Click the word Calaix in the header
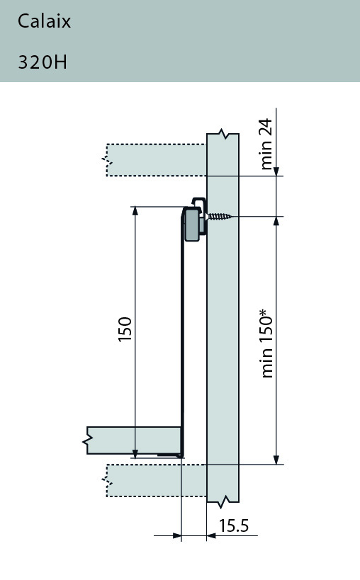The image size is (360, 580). click(44, 22)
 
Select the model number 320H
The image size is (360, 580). click(43, 62)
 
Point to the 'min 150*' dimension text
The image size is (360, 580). click(266, 343)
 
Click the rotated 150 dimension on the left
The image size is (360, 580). click(125, 329)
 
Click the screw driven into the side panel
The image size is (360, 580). click(220, 217)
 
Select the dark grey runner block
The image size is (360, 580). click(191, 225)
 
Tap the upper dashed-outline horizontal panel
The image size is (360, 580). click(156, 160)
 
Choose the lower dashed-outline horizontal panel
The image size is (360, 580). click(156, 480)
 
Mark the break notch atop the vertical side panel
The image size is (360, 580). click(224, 134)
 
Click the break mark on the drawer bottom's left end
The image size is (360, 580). click(87, 441)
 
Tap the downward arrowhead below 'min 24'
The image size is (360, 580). click(276, 170)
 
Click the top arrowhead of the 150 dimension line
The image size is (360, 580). click(134, 212)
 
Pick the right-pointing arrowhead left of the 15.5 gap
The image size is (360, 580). click(177, 536)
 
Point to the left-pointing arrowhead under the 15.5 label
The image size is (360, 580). click(211, 536)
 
